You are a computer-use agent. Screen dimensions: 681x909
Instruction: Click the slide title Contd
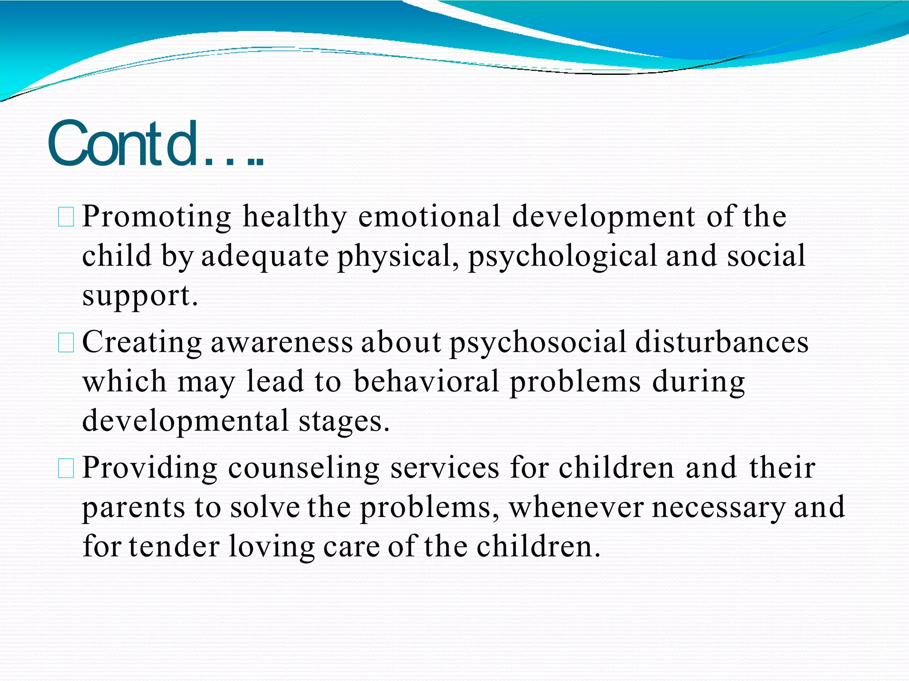coord(155,145)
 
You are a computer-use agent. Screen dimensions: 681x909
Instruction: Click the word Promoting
coord(157,217)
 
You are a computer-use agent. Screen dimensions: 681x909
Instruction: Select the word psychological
coord(562,256)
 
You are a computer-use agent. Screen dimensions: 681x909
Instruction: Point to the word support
coord(139,296)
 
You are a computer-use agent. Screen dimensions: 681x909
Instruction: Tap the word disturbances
coord(722,342)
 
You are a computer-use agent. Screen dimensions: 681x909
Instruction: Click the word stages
coord(344,421)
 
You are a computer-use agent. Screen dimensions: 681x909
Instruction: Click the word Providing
coord(150,468)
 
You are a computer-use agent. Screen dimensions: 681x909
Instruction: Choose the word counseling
coord(304,468)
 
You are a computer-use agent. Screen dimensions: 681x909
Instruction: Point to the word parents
coord(133,508)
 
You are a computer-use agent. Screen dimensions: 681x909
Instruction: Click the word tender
coord(174,546)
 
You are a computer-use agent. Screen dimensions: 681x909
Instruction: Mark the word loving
coord(272,547)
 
